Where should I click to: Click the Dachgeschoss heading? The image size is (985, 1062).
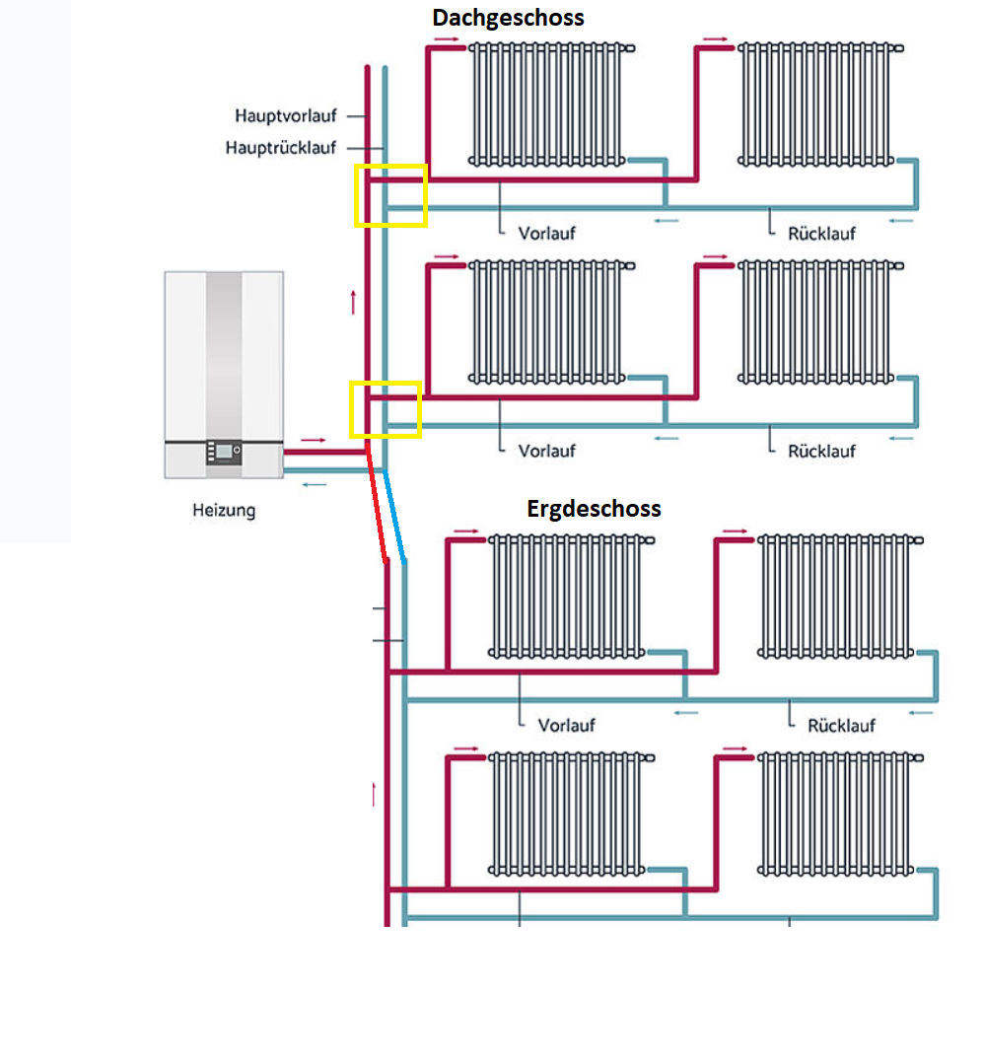coord(508,18)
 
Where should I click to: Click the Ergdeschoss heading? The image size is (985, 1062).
coord(594,509)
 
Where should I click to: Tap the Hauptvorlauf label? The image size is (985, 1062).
coord(286,116)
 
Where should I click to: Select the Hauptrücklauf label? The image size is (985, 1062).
coord(281,148)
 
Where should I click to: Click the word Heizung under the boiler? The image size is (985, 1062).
coord(224,511)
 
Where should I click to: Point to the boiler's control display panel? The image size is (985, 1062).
coord(224,452)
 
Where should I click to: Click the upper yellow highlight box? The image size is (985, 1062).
coord(391,195)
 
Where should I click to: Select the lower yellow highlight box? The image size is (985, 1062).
coord(386,409)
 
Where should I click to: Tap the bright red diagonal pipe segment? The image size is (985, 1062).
coord(377,507)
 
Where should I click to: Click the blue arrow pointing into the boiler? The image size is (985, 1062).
coord(314,484)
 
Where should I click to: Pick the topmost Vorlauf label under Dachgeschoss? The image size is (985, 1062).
coord(546,234)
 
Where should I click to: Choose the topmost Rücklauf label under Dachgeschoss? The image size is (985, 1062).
coord(821,234)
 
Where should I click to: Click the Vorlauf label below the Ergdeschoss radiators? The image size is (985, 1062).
coord(566,725)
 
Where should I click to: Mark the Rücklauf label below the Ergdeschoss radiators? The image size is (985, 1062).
coord(841,725)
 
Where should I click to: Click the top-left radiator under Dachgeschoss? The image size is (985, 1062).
coord(548,103)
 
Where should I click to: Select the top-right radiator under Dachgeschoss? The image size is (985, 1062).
coord(817,103)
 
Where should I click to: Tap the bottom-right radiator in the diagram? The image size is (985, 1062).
coord(837,814)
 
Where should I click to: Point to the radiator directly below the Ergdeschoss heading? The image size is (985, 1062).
coord(568,596)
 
